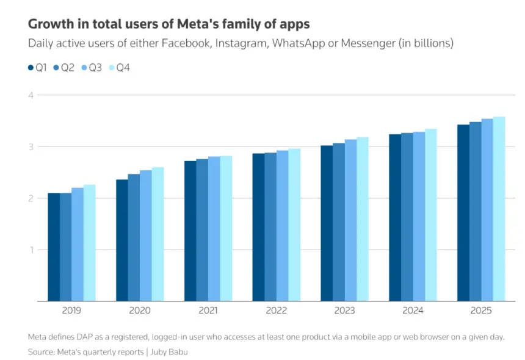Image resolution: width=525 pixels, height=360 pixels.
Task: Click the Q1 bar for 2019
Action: point(54,247)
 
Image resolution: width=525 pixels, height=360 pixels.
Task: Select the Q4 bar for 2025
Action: point(499,209)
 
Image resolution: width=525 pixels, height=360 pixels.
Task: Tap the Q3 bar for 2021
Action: point(214,229)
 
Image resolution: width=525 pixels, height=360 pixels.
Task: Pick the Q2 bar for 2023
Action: point(339,222)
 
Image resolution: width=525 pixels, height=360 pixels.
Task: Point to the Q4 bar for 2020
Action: point(157,234)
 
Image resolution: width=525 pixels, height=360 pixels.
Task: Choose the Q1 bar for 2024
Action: point(395,217)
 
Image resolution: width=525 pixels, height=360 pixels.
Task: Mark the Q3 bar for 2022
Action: point(282,226)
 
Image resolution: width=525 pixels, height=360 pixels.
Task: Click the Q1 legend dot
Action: point(31,68)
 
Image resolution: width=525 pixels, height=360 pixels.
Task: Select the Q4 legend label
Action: point(123,68)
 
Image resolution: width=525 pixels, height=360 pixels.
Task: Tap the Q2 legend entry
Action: point(63,68)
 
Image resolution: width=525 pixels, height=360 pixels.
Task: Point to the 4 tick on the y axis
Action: point(31,95)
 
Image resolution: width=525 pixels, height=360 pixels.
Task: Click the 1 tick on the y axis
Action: point(32,250)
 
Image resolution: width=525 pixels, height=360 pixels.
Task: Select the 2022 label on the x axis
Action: point(276,311)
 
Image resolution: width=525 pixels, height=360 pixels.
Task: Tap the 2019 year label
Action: point(71,311)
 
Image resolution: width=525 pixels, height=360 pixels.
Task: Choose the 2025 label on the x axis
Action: point(481,311)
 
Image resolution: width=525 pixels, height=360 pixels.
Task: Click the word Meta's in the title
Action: point(198,24)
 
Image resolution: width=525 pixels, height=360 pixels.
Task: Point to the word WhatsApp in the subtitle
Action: point(299,43)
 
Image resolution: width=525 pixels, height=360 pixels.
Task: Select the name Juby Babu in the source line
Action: point(169,352)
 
